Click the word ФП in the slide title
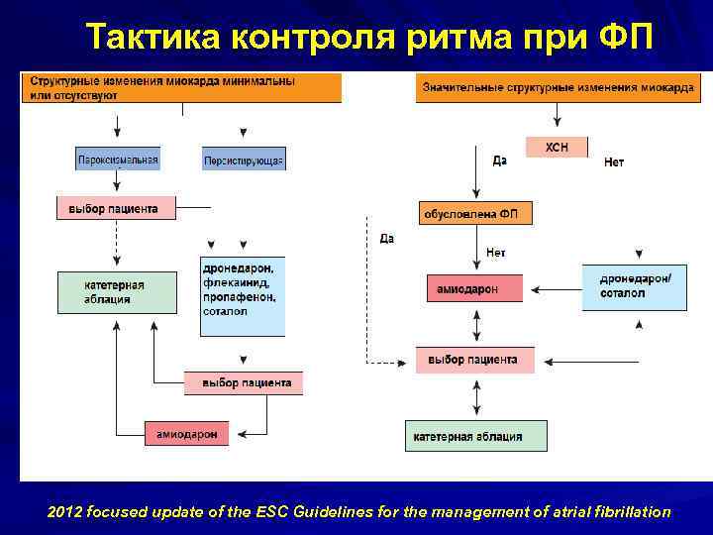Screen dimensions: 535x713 tap(626, 39)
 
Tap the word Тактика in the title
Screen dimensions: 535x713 tap(153, 39)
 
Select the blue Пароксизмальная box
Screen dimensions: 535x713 tap(118, 159)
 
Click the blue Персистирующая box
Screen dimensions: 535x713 tap(244, 160)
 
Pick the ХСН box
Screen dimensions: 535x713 tap(557, 148)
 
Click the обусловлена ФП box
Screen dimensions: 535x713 tap(476, 213)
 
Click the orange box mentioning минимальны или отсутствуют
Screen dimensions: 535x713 tap(181, 87)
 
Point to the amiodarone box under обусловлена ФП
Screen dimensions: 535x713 tap(476, 289)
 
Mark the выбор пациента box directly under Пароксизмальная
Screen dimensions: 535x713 tap(116, 208)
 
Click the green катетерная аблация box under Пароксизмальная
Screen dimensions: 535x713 tap(117, 292)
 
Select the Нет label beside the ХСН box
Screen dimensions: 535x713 tap(614, 162)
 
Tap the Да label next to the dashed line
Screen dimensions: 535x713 tap(386, 239)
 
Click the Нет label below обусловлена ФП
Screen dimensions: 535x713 tap(496, 254)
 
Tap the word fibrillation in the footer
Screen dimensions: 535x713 tap(632, 512)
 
